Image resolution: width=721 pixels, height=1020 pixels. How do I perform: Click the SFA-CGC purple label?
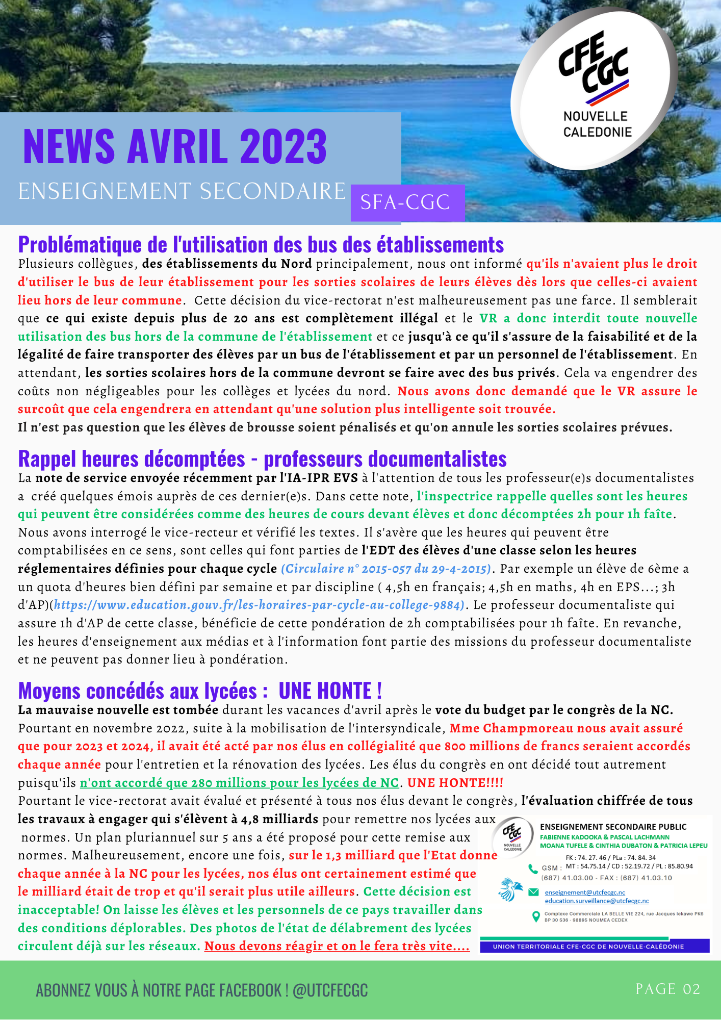406,202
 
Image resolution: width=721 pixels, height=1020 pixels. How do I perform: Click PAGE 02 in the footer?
667,989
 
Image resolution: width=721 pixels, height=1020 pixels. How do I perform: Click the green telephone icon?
533,868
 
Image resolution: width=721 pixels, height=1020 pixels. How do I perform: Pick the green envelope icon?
533,892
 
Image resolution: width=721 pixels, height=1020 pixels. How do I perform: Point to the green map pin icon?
535,916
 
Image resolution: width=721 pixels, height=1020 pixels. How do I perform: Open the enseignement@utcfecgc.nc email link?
585,892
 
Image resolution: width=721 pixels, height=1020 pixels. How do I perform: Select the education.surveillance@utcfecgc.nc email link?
597,901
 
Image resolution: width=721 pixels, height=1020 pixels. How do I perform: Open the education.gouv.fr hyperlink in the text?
259,605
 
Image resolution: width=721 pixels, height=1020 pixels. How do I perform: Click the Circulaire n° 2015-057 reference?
386,569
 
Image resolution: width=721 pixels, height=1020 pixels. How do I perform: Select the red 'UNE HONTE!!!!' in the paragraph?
455,783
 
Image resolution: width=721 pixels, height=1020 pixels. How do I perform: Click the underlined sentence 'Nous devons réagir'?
337,946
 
